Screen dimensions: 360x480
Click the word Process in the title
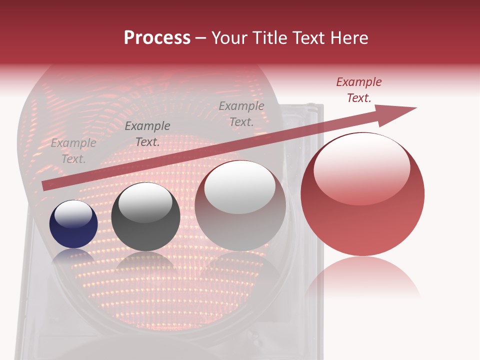tap(157, 38)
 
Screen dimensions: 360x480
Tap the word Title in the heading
tap(266, 38)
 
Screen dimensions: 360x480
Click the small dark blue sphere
tap(73, 224)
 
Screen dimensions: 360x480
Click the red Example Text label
tap(358, 90)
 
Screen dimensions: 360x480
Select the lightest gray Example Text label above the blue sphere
tap(73, 150)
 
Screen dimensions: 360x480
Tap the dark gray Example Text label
tap(147, 134)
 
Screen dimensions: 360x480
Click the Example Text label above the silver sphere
tap(241, 113)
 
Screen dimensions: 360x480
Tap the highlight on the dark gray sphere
tap(145, 202)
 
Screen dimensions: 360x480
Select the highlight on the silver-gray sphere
tap(240, 187)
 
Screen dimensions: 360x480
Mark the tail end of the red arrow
tap(44, 186)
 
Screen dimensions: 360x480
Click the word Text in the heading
tap(306, 38)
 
